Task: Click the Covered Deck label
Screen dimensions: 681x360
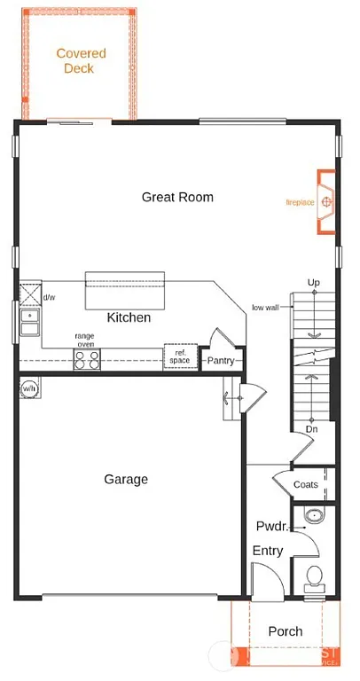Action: click(81, 60)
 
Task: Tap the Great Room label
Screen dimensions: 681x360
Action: click(177, 197)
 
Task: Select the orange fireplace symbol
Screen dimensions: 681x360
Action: click(327, 201)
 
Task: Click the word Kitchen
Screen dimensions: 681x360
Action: click(129, 317)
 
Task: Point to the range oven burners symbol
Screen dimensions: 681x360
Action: click(87, 359)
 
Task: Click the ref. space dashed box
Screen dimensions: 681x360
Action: click(179, 356)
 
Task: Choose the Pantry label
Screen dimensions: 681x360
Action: click(220, 361)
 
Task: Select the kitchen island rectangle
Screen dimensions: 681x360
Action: click(124, 290)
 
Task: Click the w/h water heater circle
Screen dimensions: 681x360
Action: click(29, 388)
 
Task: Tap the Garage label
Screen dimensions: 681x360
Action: click(126, 480)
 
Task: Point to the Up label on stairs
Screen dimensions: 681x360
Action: click(313, 282)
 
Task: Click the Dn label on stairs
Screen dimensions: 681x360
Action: click(312, 429)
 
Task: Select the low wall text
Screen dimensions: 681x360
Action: click(265, 308)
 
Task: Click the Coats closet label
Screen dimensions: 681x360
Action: click(306, 484)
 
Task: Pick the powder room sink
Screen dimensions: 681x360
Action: click(313, 516)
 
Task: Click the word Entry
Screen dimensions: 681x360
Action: click(267, 551)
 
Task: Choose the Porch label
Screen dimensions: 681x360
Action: click(285, 631)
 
